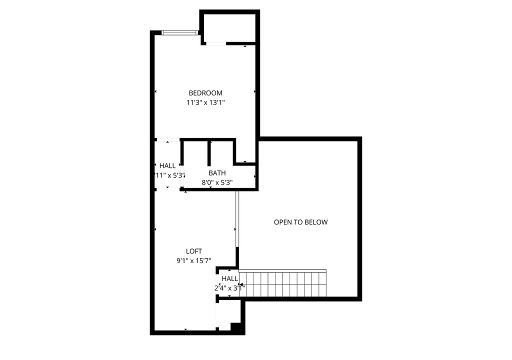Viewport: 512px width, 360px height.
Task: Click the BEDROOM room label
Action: coord(205,93)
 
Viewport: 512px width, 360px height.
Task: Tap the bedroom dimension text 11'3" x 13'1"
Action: coord(205,102)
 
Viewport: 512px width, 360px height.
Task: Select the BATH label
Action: coord(217,173)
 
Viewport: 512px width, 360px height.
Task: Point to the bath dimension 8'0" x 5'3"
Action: coord(217,182)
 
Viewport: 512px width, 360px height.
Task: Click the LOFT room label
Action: coord(194,251)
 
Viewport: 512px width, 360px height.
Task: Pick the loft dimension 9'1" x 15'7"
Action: coord(194,260)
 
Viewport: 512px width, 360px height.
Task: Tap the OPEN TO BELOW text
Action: coord(300,222)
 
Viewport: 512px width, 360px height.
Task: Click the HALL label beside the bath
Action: coord(167,166)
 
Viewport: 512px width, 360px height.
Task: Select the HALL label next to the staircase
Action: coord(229,278)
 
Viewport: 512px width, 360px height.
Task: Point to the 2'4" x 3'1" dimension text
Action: coord(229,288)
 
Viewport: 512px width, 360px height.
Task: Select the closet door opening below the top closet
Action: coord(215,44)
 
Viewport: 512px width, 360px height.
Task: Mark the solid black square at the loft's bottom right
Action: coord(236,327)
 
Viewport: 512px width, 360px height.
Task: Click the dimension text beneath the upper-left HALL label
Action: coord(169,175)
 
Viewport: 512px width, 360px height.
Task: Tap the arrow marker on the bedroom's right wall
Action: coord(254,91)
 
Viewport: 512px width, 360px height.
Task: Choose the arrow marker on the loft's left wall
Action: coord(156,229)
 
